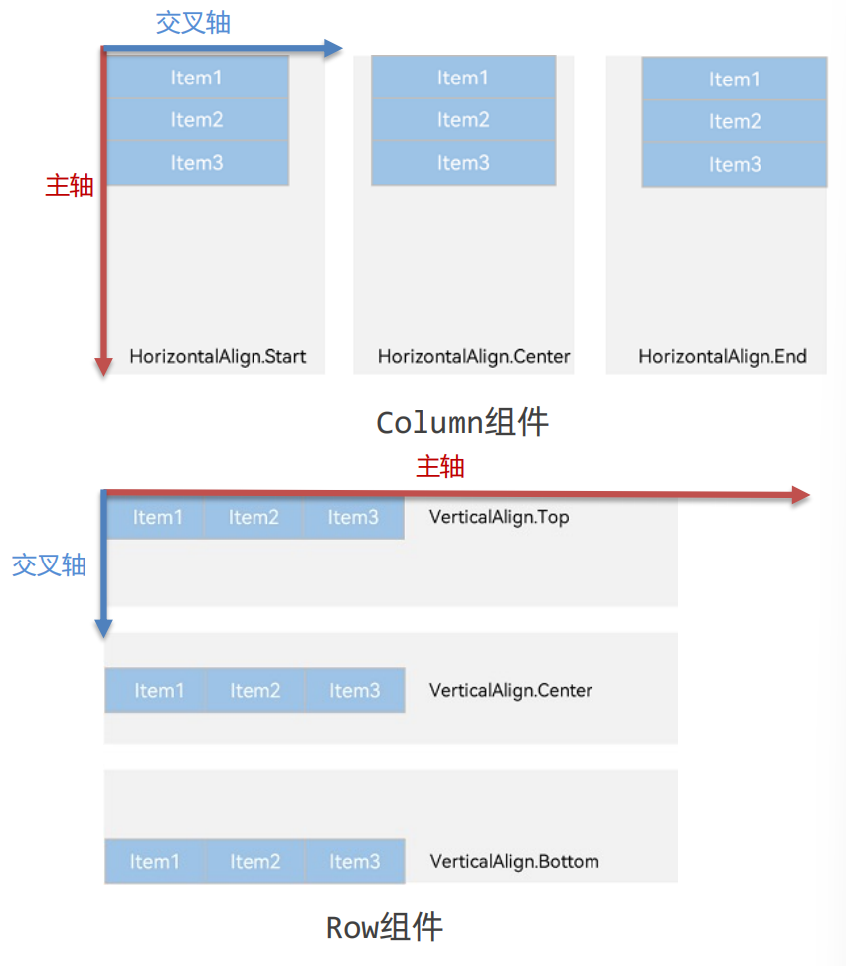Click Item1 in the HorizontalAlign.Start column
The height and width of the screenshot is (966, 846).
[x=197, y=78]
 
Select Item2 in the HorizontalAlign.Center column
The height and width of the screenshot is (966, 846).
[x=463, y=120]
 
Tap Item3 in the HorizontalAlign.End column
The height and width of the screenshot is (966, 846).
[x=735, y=165]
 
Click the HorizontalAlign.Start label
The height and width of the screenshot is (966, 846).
[x=218, y=356]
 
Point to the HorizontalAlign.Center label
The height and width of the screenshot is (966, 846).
[x=473, y=356]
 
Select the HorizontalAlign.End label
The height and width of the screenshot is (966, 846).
[x=723, y=356]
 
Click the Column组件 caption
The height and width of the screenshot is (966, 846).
[x=462, y=423]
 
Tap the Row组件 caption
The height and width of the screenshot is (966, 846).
[x=384, y=928]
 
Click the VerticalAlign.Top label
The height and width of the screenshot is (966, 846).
[x=499, y=517]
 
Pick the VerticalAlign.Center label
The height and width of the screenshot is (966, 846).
[x=511, y=690]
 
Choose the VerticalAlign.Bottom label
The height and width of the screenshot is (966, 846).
[x=515, y=861]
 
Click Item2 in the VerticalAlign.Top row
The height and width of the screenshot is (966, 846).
[x=254, y=517]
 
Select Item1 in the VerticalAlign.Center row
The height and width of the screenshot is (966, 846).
[x=159, y=690]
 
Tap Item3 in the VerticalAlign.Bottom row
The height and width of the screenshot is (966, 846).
[x=355, y=861]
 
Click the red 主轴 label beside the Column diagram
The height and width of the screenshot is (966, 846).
[x=70, y=186]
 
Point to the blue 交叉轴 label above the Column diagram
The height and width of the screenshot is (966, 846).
[x=193, y=23]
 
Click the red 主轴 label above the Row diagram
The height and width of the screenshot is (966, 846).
[x=440, y=466]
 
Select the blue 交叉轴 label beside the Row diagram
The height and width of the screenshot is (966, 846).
[x=49, y=565]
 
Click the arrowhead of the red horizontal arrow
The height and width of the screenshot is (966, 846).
[x=801, y=495]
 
